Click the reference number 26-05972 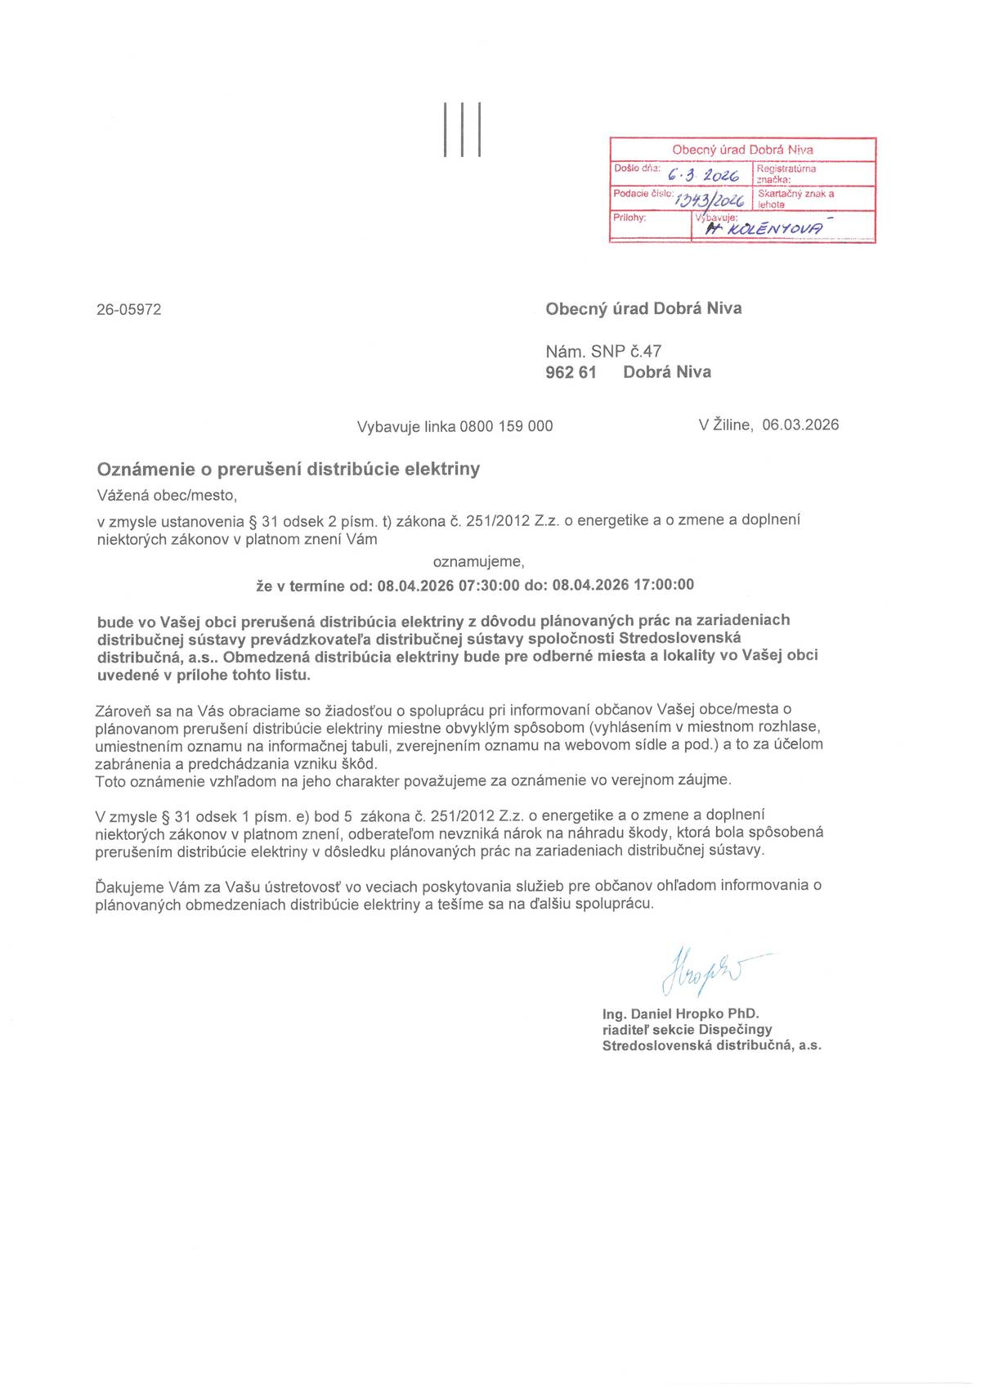(x=129, y=309)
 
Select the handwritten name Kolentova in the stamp (x=767, y=230)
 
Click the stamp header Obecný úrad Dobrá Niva (x=742, y=150)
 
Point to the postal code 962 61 (x=571, y=372)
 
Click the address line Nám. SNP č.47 (x=603, y=352)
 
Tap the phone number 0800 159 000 (x=506, y=426)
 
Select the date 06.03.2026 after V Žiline (x=800, y=424)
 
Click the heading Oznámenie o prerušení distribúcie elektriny (x=289, y=469)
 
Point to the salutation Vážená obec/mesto (x=167, y=495)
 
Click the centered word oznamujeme (x=478, y=562)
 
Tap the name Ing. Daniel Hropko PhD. (x=680, y=1014)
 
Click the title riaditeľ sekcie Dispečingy (x=687, y=1030)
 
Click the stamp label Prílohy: (x=629, y=218)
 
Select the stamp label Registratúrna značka (x=786, y=173)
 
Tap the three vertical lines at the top (x=462, y=129)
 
